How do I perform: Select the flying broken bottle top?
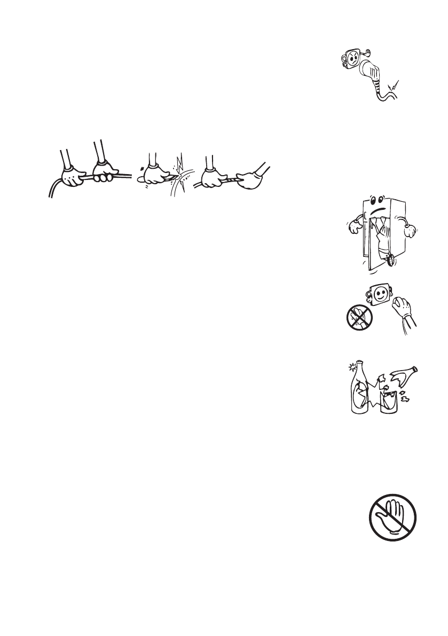pos(406,378)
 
